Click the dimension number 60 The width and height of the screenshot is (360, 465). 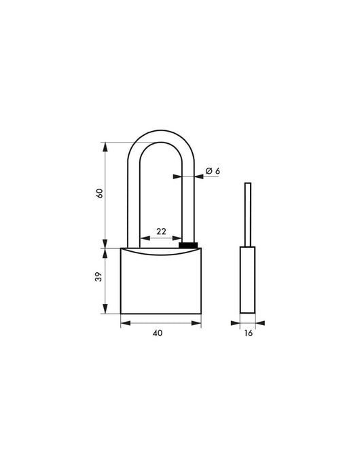pos(100,193)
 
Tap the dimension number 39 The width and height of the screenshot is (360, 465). pos(99,278)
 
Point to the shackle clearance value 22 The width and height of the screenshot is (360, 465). pos(161,231)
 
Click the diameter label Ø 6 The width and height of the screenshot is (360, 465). pos(212,171)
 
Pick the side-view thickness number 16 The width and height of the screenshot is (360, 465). pos(248,334)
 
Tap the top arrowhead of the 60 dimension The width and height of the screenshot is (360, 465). pos(105,144)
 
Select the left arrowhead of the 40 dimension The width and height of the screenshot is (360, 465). pos(124,324)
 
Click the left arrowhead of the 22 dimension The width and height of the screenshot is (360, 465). pos(141,239)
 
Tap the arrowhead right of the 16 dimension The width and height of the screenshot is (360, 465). pos(259,324)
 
